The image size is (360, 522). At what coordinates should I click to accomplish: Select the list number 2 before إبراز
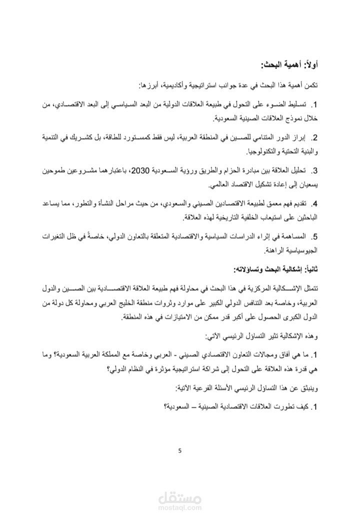(315, 137)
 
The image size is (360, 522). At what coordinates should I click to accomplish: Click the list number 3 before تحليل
(315, 172)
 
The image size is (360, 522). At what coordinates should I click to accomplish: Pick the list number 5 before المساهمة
(315, 236)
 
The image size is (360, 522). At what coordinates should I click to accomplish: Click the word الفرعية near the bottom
(203, 388)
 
